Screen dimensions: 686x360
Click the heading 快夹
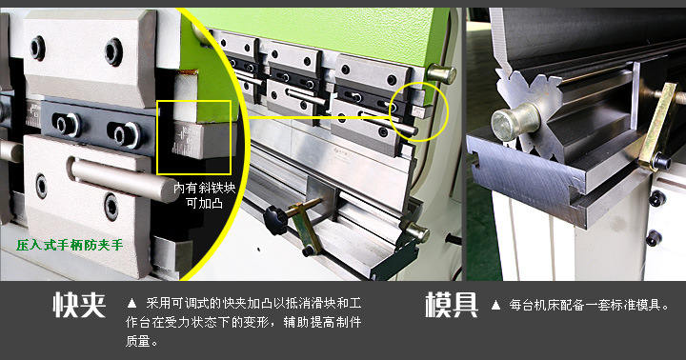click(79, 305)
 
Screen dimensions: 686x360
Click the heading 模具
click(451, 305)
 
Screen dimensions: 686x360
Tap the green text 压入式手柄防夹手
click(70, 245)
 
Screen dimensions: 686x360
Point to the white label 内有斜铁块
click(204, 188)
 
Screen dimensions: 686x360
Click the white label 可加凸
click(204, 203)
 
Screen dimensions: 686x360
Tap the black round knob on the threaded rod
click(275, 220)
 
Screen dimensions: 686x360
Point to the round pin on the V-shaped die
click(514, 122)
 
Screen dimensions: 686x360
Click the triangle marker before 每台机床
click(495, 305)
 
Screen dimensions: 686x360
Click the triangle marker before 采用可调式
click(131, 303)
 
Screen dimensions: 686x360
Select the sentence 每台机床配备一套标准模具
click(589, 305)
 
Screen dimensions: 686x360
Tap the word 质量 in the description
click(138, 341)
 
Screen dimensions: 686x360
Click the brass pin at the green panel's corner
click(440, 73)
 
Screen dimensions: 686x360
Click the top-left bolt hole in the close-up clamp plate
click(37, 49)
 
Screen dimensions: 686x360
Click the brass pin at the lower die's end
click(418, 232)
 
